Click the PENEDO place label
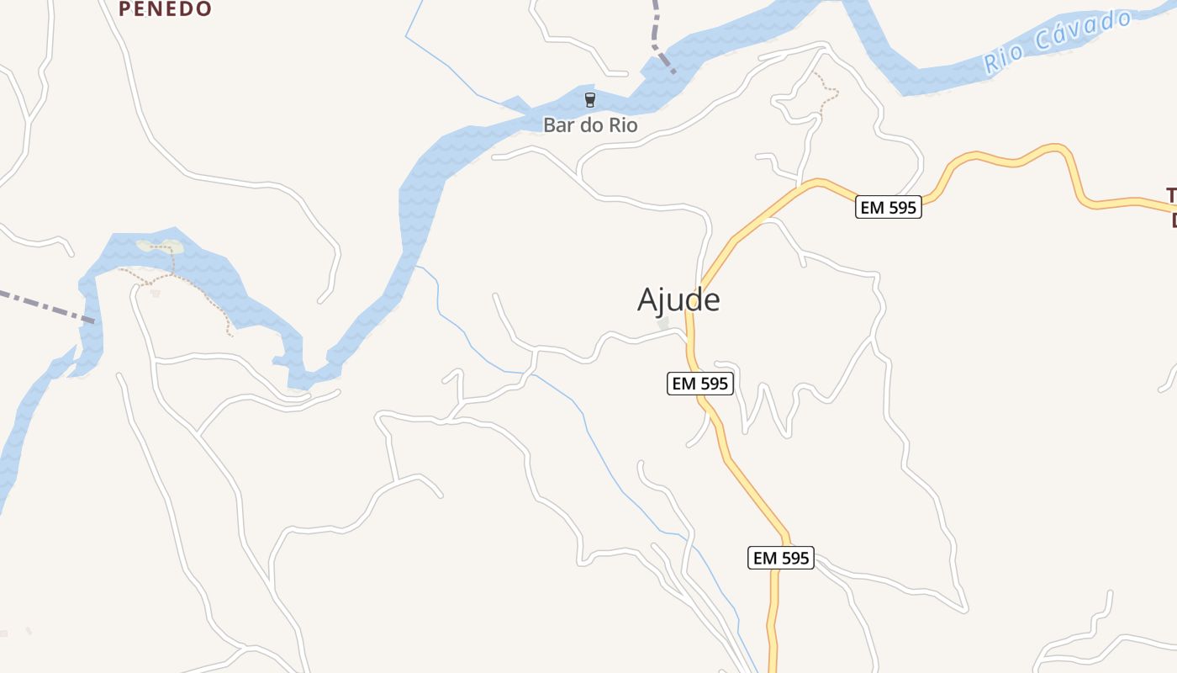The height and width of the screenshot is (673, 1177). pyautogui.click(x=165, y=9)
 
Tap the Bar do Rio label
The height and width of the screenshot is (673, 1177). pyautogui.click(x=590, y=125)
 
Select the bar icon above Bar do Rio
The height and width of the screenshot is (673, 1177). pyautogui.click(x=590, y=101)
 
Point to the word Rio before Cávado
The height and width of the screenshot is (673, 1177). pyautogui.click(x=1005, y=58)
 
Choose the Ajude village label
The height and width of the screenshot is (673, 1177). pyautogui.click(x=678, y=299)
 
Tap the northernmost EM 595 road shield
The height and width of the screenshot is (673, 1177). pyautogui.click(x=889, y=207)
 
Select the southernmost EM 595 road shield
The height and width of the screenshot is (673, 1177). pyautogui.click(x=781, y=558)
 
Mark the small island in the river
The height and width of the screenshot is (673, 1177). pyautogui.click(x=160, y=246)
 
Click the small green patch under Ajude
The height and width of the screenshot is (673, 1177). pyautogui.click(x=663, y=323)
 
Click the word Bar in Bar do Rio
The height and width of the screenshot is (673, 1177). pyautogui.click(x=558, y=125)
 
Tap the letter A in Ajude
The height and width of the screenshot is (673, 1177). pyautogui.click(x=648, y=299)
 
